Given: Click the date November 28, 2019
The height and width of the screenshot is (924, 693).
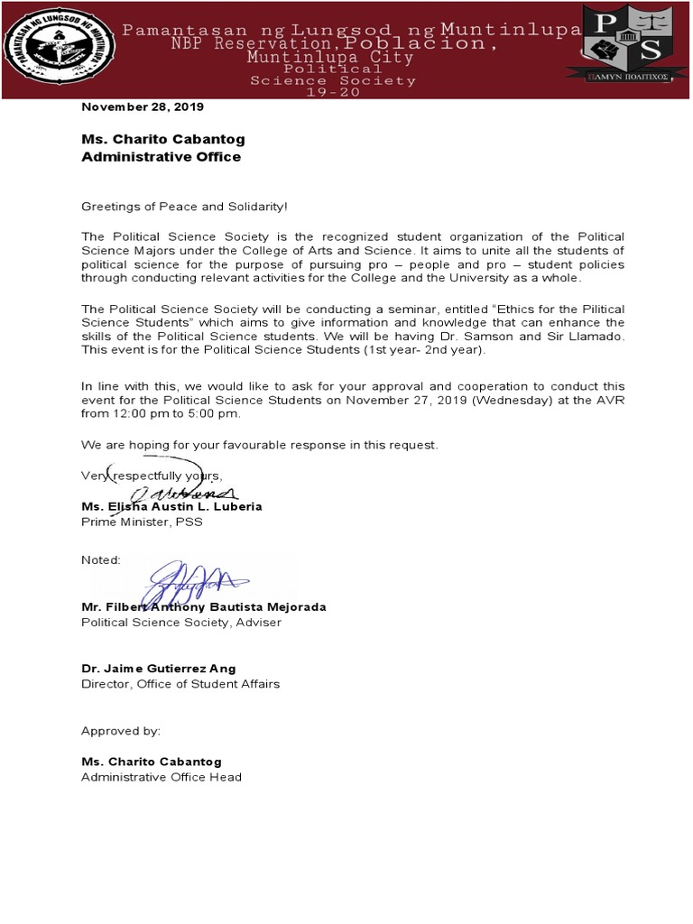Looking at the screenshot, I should [143, 106].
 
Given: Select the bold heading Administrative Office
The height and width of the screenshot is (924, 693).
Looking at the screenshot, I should [162, 156].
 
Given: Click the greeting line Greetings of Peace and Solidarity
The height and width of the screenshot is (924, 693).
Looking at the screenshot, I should [184, 207].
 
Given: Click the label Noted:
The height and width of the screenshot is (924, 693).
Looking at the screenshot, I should [101, 559].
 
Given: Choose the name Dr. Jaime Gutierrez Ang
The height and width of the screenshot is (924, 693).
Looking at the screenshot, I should [159, 668].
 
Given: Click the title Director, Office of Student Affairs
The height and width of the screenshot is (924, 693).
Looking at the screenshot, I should [180, 683].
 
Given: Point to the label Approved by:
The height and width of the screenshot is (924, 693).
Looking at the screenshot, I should [121, 730].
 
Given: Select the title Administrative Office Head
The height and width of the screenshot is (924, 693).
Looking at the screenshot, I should [162, 777].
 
